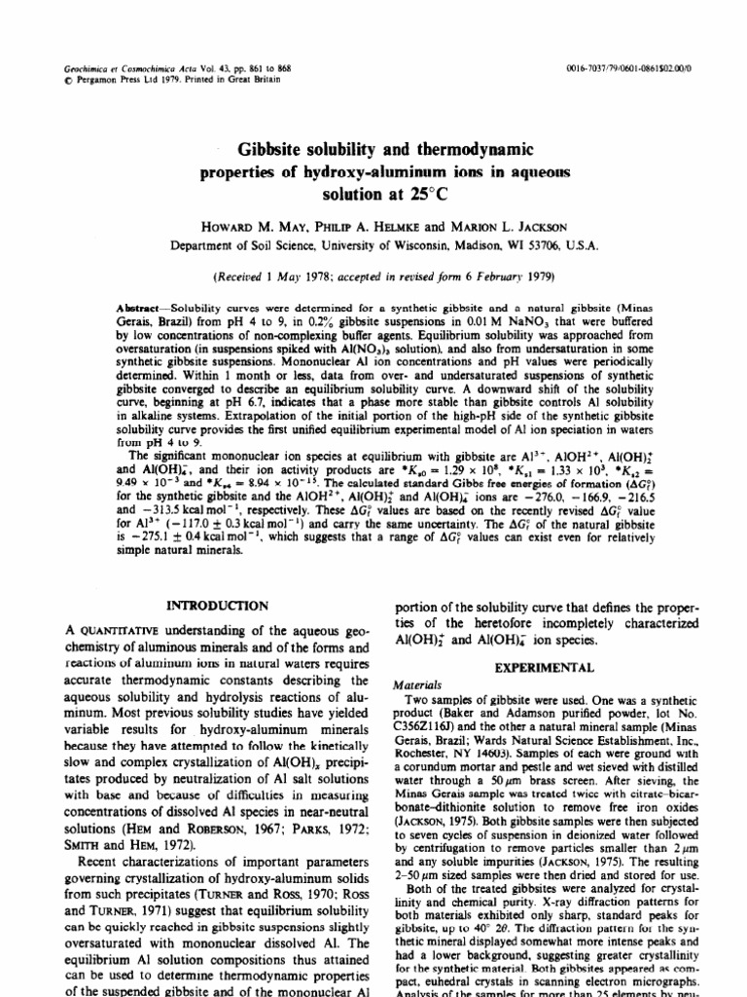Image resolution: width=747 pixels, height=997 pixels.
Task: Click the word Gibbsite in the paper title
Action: pyautogui.click(x=268, y=152)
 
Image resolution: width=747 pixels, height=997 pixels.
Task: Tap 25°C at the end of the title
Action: pyautogui.click(x=410, y=195)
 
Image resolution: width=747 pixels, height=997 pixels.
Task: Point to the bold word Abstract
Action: pyautogui.click(x=140, y=307)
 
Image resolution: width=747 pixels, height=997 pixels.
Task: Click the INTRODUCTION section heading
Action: pyautogui.click(x=217, y=606)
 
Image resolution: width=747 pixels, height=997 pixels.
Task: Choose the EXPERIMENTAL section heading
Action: pyautogui.click(x=545, y=669)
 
